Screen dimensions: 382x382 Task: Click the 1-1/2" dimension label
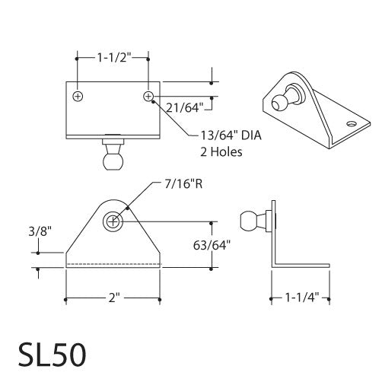point(113,56)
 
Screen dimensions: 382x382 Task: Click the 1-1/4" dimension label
point(302,299)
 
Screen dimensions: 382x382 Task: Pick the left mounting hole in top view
point(78,97)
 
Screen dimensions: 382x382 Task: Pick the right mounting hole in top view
point(149,97)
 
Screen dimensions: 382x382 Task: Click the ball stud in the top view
point(113,158)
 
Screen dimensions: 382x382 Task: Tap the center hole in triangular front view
point(113,221)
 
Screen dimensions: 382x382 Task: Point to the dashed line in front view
point(113,265)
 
